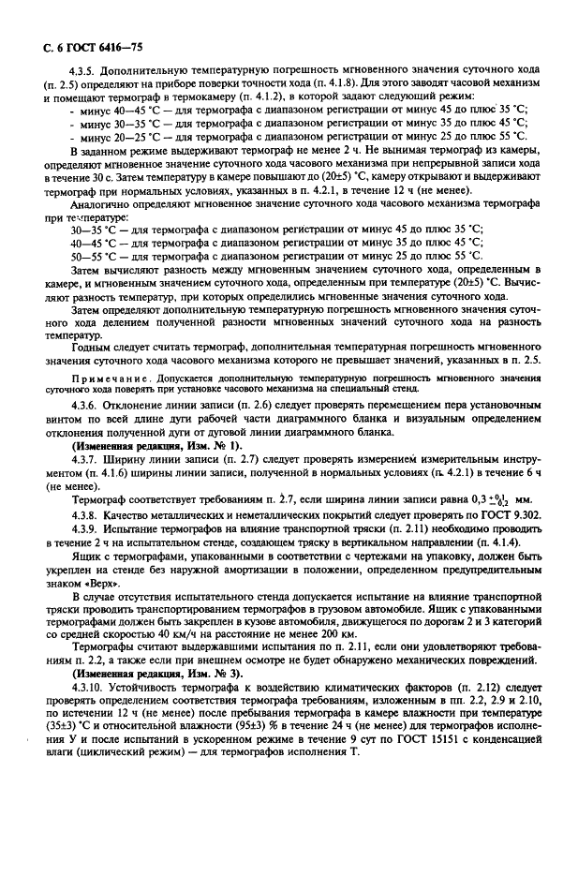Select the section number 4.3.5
pyautogui.click(x=87, y=71)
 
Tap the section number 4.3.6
pyautogui.click(x=87, y=404)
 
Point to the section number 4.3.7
pyautogui.click(x=87, y=459)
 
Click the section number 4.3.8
pyautogui.click(x=87, y=514)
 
